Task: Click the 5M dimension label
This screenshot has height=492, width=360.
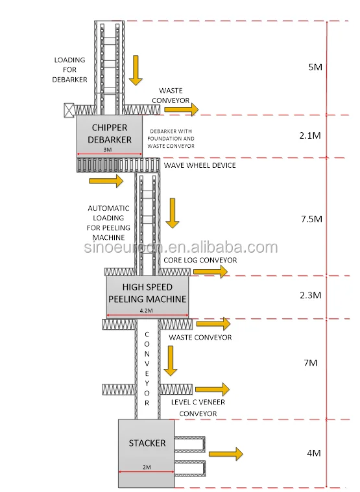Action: [x=315, y=67]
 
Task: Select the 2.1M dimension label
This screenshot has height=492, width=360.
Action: [x=310, y=135]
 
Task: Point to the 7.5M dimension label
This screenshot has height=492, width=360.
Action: [x=311, y=218]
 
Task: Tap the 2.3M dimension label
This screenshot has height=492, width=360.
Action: [x=311, y=295]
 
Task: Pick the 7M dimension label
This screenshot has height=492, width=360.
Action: [x=311, y=363]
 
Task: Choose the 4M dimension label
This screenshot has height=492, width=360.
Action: [x=314, y=453]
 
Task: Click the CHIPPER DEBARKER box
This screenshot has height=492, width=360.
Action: [x=110, y=136]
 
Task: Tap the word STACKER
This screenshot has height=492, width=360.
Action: [x=147, y=443]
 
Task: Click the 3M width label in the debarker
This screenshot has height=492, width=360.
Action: [x=108, y=150]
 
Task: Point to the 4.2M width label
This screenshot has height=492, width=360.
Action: [x=146, y=310]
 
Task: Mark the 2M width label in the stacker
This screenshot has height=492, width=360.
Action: [x=147, y=467]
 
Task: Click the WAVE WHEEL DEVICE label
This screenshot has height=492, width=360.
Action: [x=200, y=165]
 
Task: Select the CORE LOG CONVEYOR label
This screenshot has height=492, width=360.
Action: [x=200, y=260]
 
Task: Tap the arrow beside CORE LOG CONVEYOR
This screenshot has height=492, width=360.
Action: [x=211, y=272]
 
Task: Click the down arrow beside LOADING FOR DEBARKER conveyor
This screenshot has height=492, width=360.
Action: [x=136, y=71]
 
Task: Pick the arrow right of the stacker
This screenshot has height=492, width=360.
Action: [x=226, y=454]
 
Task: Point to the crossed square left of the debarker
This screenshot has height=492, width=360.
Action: [x=69, y=110]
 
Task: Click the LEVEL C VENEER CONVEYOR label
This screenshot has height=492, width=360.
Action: [x=198, y=408]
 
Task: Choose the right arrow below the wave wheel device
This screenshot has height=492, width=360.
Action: [x=106, y=181]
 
